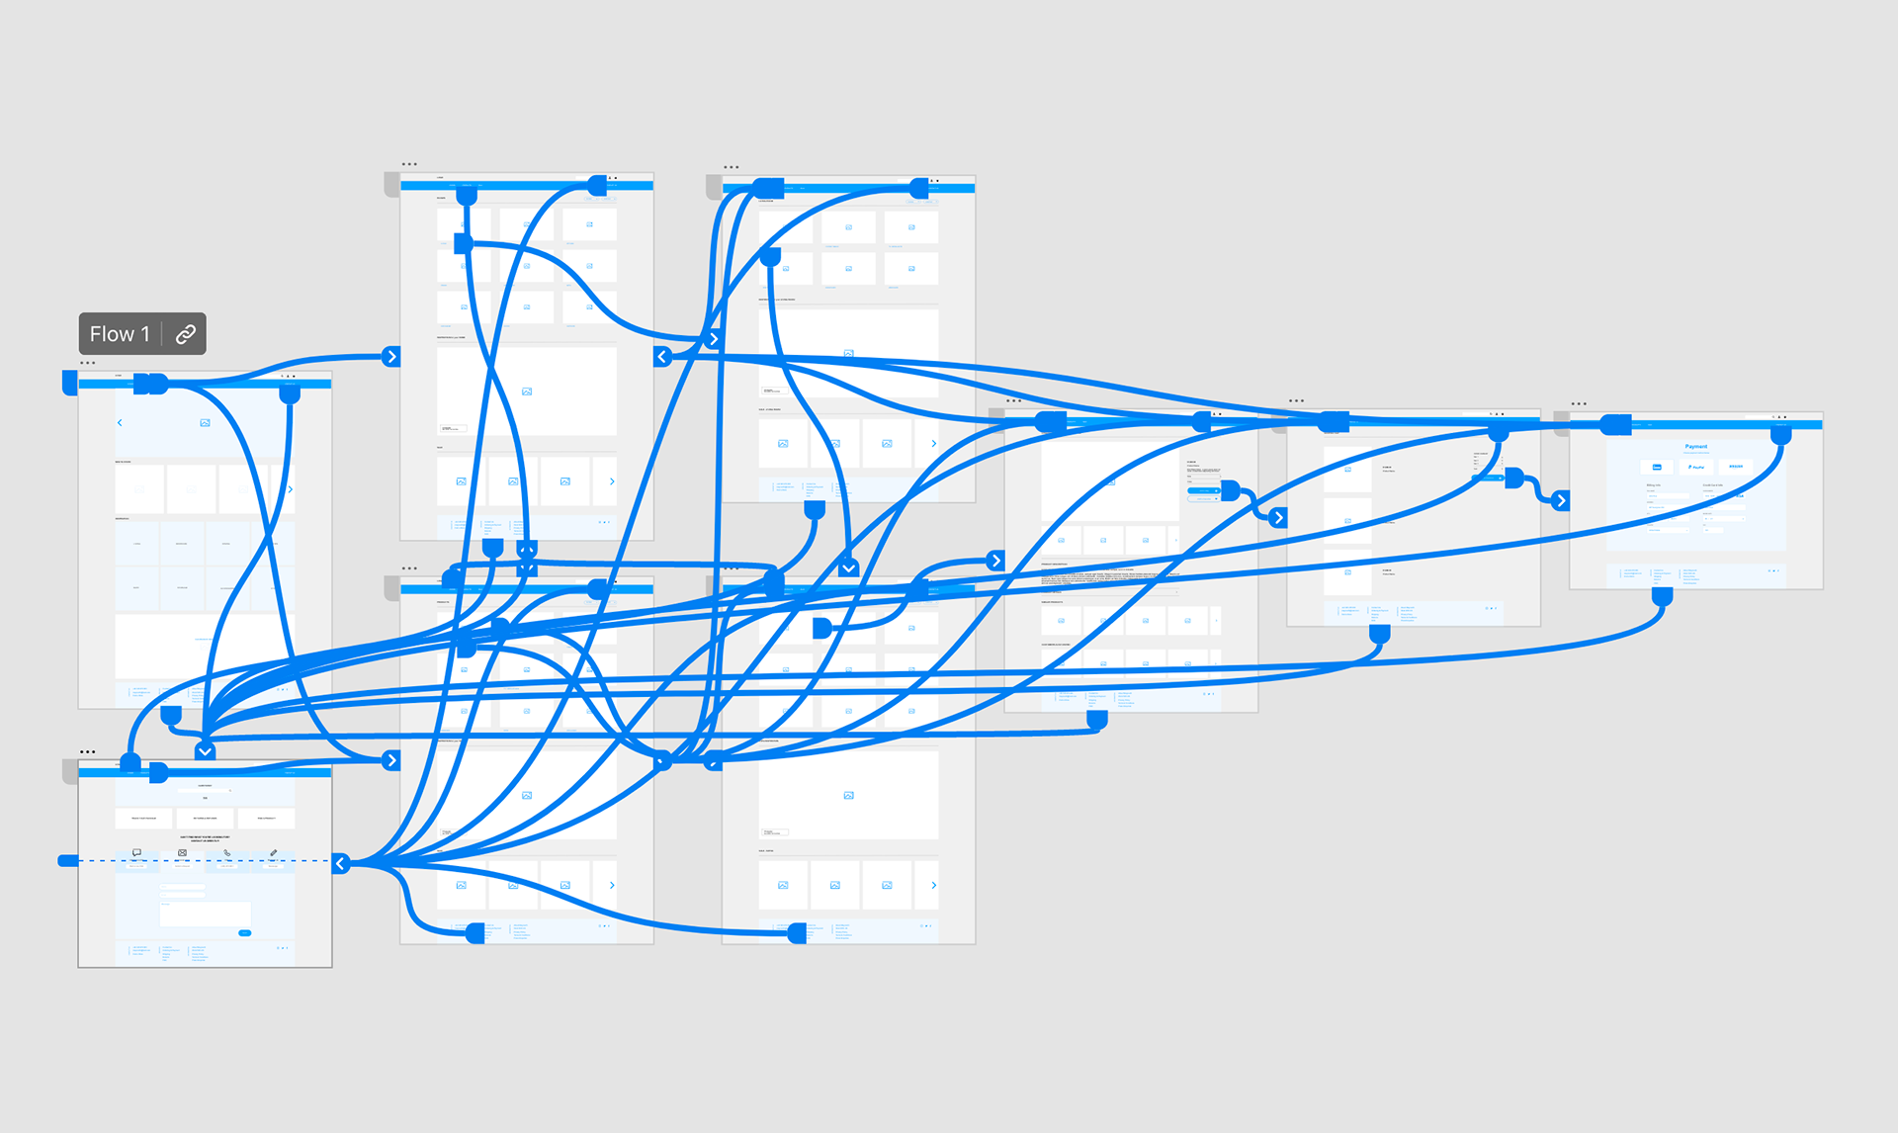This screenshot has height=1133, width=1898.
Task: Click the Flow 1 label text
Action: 120,334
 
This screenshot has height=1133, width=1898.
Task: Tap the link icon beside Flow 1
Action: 185,334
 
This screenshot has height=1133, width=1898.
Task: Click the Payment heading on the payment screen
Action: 1695,447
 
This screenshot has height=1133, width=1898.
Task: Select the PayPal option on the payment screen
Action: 1696,467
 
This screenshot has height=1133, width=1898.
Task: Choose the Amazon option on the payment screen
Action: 1735,467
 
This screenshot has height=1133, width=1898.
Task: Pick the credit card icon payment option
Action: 1658,467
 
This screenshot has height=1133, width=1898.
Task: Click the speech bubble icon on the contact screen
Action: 136,852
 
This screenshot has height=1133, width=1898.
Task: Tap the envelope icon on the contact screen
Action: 182,852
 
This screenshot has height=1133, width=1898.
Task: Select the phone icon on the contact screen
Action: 227,852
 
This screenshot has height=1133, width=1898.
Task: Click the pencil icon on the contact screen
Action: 273,852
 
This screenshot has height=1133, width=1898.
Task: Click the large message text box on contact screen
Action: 206,914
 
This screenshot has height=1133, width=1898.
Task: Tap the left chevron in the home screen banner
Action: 120,422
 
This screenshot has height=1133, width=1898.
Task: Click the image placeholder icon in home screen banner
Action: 205,422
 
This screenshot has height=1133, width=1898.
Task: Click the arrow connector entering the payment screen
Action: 1561,500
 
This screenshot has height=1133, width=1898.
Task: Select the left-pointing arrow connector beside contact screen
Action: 341,863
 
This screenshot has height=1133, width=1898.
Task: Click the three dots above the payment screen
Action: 1579,403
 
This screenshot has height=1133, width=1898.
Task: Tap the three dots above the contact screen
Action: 88,751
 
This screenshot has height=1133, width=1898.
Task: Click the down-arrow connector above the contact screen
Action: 205,750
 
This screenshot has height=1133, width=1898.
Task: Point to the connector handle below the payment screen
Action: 1662,596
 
